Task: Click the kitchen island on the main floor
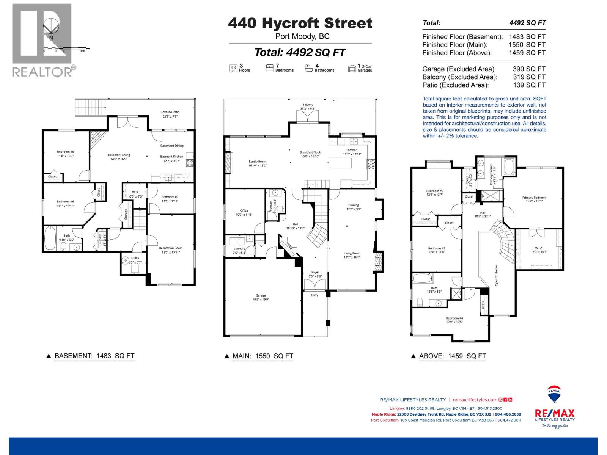(340, 163)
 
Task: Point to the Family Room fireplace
(228, 162)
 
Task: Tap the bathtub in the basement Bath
(50, 239)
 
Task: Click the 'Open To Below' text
(496, 275)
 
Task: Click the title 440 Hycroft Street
(300, 23)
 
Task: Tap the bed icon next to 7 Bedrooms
(270, 68)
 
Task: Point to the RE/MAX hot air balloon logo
(554, 395)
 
